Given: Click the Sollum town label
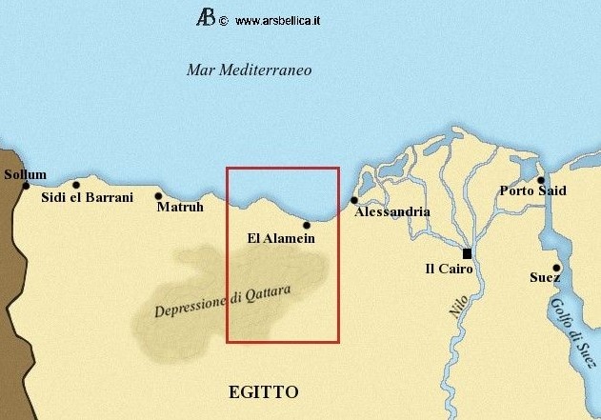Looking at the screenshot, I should (x=25, y=174).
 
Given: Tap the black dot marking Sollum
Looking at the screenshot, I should (x=27, y=186).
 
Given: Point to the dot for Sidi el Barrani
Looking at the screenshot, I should (x=75, y=184).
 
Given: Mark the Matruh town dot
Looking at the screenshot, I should (x=158, y=196).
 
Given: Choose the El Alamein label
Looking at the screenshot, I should (x=280, y=238).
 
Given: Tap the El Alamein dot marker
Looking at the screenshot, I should (x=306, y=225).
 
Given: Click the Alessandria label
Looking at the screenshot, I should (x=392, y=212).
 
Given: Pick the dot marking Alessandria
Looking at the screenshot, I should (x=354, y=200).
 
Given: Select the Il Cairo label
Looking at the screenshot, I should (x=451, y=270).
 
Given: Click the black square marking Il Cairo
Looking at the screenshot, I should (x=467, y=253).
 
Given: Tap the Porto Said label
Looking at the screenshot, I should (x=532, y=190).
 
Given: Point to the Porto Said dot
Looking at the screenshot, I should (x=540, y=179).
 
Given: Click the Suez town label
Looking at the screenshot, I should (x=544, y=278).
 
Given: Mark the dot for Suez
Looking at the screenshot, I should (x=556, y=268).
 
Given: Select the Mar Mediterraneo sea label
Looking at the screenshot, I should (x=250, y=70).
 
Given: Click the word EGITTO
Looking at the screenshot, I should (x=264, y=391).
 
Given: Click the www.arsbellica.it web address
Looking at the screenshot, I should (x=276, y=19).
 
